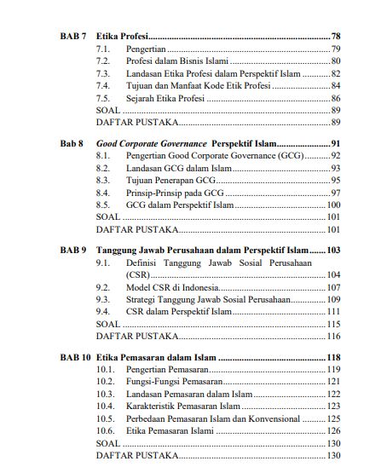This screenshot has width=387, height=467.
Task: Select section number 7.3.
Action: tap(103, 74)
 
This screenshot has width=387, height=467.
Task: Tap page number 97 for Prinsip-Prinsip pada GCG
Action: tap(335, 193)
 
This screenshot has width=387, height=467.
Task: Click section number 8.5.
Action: tap(103, 205)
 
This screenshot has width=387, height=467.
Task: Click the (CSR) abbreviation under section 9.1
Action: tap(137, 276)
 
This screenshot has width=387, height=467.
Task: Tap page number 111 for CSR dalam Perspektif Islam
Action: tap(333, 313)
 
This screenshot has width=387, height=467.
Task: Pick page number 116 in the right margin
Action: tap(333, 337)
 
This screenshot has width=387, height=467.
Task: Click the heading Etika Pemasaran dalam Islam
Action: tap(156, 358)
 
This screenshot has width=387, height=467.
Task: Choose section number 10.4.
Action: tap(106, 407)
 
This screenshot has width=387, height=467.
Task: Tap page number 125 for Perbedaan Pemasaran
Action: tap(333, 419)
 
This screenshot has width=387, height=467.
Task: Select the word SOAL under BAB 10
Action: tap(108, 443)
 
